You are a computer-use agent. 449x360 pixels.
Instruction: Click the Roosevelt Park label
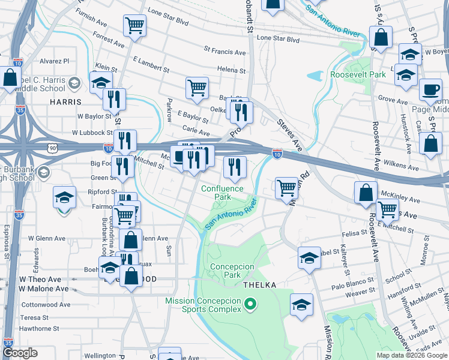click(358, 75)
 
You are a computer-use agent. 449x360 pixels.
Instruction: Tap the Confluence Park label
click(223, 193)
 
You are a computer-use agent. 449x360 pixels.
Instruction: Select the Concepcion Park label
click(225, 271)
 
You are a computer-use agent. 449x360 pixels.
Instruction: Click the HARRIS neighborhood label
click(66, 103)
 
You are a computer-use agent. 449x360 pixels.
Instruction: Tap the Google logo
click(20, 353)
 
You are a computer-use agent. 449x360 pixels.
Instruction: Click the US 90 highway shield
click(52, 147)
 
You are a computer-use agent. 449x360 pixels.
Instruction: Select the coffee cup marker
click(430, 90)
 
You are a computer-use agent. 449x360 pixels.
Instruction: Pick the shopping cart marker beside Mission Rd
click(287, 188)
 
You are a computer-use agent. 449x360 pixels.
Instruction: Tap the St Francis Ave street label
click(225, 50)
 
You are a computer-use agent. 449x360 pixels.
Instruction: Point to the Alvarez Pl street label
click(55, 61)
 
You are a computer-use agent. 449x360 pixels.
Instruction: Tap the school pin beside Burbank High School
click(43, 173)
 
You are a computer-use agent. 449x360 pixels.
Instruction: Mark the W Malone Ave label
click(44, 289)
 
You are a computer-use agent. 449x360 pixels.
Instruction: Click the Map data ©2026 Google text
click(412, 355)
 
